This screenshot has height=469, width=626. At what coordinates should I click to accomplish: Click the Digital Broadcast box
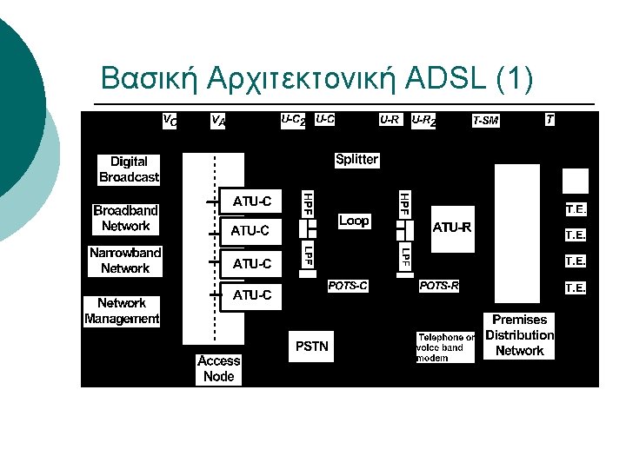pos(129,169)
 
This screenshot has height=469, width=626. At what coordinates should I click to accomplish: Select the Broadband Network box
pos(126,218)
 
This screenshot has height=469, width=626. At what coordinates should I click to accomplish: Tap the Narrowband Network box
pos(125,261)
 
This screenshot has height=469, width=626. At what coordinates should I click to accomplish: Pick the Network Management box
pos(122,311)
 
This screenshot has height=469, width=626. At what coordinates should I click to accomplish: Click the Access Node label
pos(218,368)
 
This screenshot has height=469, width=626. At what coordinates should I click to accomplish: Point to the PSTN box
pos(312,346)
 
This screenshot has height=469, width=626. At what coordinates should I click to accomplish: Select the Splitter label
pos(356,159)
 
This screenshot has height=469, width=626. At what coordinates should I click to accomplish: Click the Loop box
pos(354,221)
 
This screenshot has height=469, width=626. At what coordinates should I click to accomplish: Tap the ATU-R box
pos(452,228)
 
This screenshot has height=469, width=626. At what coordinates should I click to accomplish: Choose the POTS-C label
pos(348,285)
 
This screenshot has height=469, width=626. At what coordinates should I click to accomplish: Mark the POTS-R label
pos(439,285)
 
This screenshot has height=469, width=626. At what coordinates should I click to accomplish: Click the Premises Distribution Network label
pos(519,335)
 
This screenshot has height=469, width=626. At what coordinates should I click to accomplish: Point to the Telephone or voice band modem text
pos(445,347)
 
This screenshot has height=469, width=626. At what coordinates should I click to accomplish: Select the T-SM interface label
pos(485,121)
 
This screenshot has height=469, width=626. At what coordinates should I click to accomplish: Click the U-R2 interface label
pos(423,120)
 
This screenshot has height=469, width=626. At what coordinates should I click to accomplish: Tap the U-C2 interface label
pos(293,120)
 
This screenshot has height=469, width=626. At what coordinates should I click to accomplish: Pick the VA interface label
pos(218,122)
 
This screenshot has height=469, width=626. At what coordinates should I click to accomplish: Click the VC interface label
pos(170,120)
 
